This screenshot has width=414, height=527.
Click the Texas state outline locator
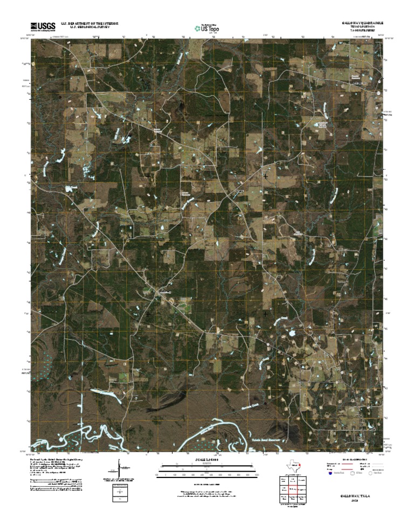click(x=295, y=466)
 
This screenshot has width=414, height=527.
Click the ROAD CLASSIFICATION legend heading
click(x=353, y=459)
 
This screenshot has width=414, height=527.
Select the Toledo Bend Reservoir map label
click(x=268, y=440)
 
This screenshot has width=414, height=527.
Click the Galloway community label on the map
click(x=164, y=292)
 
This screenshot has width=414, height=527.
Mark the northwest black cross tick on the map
click(x=148, y=175)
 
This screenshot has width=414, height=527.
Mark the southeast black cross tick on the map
click(x=266, y=313)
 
